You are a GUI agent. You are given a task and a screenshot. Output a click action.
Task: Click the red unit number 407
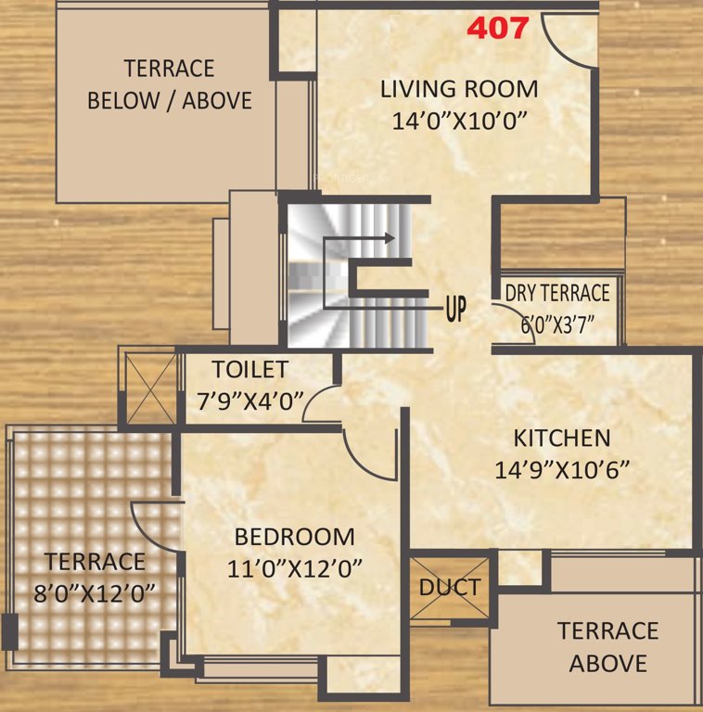click(497, 28)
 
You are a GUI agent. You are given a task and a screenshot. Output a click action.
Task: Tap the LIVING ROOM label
click(459, 89)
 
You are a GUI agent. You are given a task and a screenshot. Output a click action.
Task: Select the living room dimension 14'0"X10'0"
click(459, 121)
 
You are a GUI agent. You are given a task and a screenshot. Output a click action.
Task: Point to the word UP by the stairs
click(455, 309)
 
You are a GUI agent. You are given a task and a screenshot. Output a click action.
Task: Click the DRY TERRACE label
click(557, 293)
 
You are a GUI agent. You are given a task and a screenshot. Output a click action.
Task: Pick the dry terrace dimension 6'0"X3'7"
click(557, 324)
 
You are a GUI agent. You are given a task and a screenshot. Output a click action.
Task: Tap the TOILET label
click(249, 369)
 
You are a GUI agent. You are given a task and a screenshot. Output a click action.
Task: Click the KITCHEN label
click(562, 438)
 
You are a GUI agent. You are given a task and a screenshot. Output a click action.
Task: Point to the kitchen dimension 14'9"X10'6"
click(562, 470)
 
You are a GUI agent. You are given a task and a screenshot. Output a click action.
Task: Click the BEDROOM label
click(294, 536)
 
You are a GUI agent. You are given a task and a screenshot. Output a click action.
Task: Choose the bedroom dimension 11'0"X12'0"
click(294, 567)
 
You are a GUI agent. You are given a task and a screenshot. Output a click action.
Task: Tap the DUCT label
click(450, 587)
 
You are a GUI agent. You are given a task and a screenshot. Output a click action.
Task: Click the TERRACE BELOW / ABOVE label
click(170, 84)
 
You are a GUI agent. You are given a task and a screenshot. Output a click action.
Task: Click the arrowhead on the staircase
click(389, 238)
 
